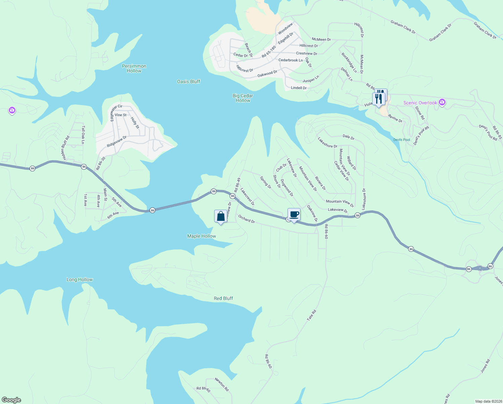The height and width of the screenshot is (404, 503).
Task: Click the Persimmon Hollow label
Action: coord(134,68)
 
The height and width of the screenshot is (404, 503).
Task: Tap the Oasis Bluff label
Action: coord(189,81)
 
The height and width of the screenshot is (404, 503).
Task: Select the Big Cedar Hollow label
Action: coord(243,98)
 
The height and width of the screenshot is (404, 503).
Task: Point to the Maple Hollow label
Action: coord(201,236)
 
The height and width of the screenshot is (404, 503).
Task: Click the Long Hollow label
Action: coord(80,279)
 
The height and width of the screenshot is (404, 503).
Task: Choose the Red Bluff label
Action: coord(223,298)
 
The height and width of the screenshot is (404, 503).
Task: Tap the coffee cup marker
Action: coord(294,214)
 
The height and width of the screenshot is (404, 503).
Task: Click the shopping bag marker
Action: coord(221,216)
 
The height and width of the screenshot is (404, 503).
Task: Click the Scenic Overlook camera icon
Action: coord(442,102)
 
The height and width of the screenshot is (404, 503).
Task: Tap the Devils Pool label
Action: coord(402,140)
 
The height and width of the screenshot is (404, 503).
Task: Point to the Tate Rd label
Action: coord(312,315)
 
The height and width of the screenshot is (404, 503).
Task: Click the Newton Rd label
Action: coord(222,384)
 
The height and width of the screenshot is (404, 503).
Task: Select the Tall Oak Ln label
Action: coord(83,135)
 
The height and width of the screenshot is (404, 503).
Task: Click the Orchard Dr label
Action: coord(246,219)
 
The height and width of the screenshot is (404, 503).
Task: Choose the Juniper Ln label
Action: coord(310,79)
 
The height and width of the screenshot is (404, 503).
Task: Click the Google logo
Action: coord(11,400)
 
